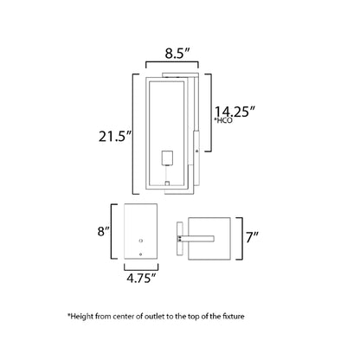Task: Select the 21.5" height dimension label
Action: pos(116,135)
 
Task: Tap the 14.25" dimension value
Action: pos(236,111)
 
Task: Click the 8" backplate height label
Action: pos(104,231)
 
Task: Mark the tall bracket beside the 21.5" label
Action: pos(134,135)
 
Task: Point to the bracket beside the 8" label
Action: pos(112,230)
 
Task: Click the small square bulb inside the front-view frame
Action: pos(170,158)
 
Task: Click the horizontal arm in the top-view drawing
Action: pos(198,235)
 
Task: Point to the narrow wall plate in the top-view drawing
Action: pos(178,236)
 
